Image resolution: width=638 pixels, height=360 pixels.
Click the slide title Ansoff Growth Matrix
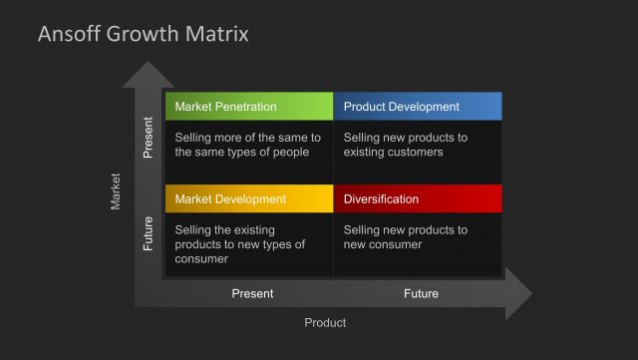pos(143,34)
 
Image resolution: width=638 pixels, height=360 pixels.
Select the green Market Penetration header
pos(248,107)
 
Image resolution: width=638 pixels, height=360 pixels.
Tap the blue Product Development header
pos(417,107)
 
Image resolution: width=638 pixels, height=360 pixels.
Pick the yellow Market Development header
pos(248,199)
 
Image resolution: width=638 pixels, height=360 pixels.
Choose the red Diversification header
pos(417,199)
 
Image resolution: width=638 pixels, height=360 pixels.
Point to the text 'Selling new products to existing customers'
pos(405,145)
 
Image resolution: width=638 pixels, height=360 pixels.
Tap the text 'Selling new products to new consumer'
pos(405,237)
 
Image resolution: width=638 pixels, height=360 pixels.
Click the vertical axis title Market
pos(116,191)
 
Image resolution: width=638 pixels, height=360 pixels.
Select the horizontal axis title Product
pos(325,323)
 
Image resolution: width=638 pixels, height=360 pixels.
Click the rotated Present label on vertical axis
pos(149,139)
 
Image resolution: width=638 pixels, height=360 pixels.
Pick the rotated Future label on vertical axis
pos(149,233)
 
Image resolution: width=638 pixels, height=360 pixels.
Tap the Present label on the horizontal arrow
pos(252,294)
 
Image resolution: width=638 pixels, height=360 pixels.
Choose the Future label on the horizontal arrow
pos(421,294)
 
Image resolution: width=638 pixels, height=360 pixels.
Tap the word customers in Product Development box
pos(416,153)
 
